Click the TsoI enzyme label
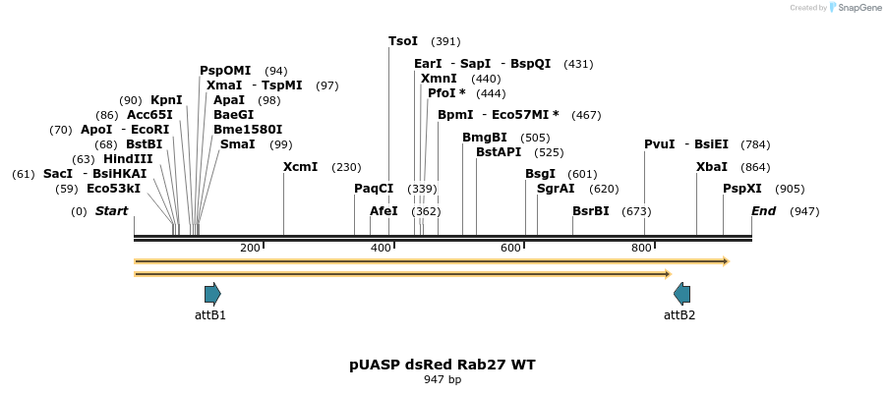[403, 41]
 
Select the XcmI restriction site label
[300, 167]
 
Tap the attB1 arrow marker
[212, 293]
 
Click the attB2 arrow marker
[681, 293]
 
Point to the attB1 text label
[210, 315]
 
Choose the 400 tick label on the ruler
[381, 248]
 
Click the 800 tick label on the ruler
[641, 248]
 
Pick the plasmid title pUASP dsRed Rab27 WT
[443, 365]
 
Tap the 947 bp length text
[443, 379]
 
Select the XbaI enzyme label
[712, 167]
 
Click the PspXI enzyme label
[742, 189]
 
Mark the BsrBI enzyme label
[591, 211]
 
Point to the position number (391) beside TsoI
[445, 41]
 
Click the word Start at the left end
[111, 211]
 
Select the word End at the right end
[764, 211]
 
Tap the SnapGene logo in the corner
[855, 8]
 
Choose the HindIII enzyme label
[128, 159]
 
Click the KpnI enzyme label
[166, 100]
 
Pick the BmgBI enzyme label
[485, 138]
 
